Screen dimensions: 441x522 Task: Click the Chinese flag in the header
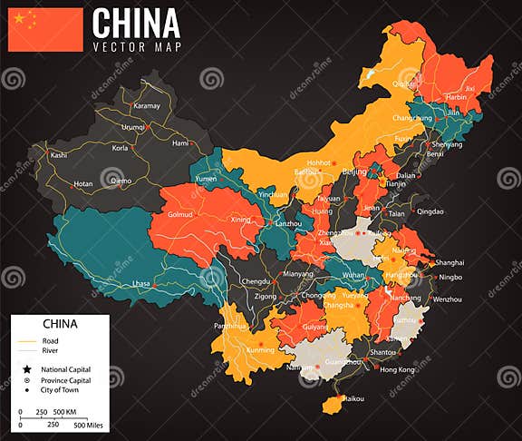click(45, 29)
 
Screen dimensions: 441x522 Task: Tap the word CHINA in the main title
click(136, 23)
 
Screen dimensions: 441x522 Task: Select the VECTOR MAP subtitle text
click(136, 46)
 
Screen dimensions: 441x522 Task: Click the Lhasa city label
click(140, 284)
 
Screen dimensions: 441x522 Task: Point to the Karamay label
click(146, 106)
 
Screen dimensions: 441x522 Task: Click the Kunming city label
click(260, 349)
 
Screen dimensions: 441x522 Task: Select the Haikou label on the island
click(353, 398)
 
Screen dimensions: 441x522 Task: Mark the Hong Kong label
click(397, 369)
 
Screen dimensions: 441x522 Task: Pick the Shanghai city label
click(449, 262)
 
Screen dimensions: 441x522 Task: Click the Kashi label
click(59, 155)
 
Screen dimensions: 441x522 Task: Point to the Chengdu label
click(256, 281)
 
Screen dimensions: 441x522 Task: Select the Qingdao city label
click(430, 211)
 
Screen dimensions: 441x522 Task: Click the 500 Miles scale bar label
click(91, 425)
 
